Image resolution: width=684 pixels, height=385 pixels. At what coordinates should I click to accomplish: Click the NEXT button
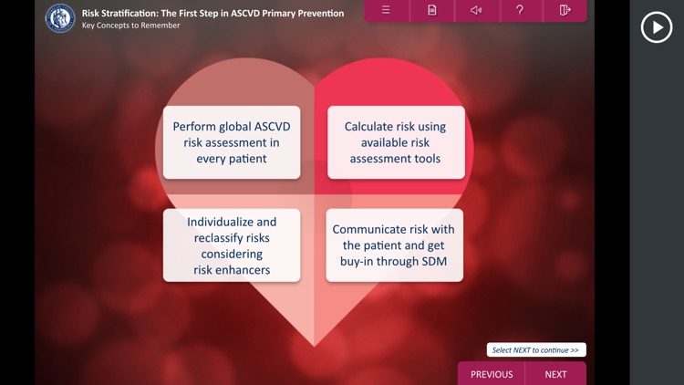pyautogui.click(x=555, y=374)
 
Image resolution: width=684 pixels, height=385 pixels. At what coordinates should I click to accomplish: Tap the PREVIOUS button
pyautogui.click(x=492, y=374)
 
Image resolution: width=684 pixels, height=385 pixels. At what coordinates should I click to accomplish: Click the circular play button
pyautogui.click(x=657, y=27)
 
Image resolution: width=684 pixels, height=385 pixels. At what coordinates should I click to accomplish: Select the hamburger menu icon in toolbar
pyautogui.click(x=386, y=10)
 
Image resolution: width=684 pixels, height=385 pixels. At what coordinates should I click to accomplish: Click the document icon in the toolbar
pyautogui.click(x=431, y=10)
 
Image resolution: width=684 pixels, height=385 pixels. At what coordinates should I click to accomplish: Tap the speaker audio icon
pyautogui.click(x=476, y=10)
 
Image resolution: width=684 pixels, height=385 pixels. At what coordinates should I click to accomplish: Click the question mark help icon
pyautogui.click(x=520, y=10)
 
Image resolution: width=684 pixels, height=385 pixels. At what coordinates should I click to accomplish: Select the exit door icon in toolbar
pyautogui.click(x=565, y=10)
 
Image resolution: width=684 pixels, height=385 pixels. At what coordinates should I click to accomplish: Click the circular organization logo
pyautogui.click(x=60, y=18)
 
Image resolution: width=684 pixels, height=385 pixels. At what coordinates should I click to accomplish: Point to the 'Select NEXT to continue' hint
pyautogui.click(x=535, y=350)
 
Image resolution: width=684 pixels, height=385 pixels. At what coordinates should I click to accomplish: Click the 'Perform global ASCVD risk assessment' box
pyautogui.click(x=232, y=142)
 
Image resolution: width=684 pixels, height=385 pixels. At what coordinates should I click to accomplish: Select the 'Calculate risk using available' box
pyautogui.click(x=396, y=142)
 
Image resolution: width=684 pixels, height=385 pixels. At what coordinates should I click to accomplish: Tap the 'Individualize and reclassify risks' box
pyautogui.click(x=232, y=245)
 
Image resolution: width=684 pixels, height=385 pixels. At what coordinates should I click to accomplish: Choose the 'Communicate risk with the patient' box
pyautogui.click(x=395, y=245)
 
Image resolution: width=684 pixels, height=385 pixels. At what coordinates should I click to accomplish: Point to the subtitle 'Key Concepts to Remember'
pyautogui.click(x=130, y=26)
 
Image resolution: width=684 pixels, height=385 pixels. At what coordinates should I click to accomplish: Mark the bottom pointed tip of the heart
pyautogui.click(x=315, y=346)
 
